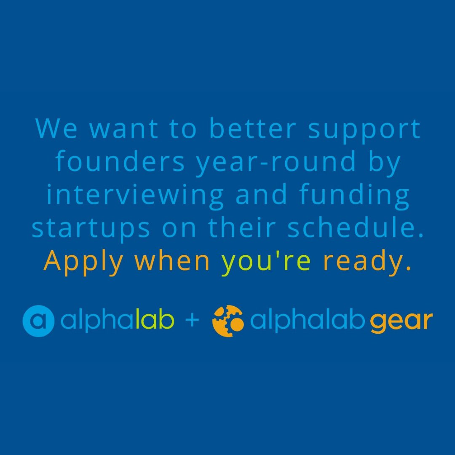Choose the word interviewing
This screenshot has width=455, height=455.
coord(135,195)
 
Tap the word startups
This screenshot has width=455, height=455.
coord(91,229)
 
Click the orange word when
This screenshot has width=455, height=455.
coord(172,261)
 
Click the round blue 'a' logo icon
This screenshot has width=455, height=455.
coord(38,321)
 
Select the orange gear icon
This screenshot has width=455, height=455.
coord(228,321)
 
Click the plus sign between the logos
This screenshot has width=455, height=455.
coord(192,321)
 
